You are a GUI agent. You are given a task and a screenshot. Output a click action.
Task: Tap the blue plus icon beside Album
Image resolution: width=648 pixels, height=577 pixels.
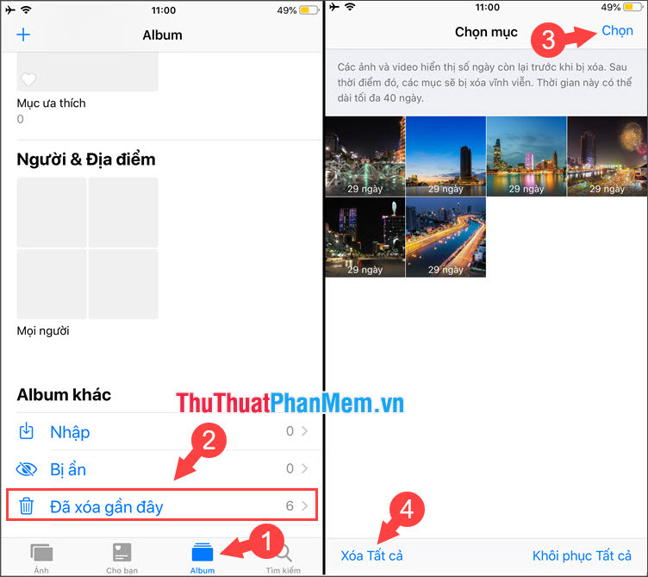[23, 35]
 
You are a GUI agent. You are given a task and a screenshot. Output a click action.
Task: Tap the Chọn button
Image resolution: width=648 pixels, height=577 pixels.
[617, 31]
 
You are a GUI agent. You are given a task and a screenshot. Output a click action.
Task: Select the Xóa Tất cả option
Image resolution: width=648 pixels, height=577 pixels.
[371, 555]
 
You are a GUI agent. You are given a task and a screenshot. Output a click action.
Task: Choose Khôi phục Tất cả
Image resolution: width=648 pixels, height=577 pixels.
[583, 555]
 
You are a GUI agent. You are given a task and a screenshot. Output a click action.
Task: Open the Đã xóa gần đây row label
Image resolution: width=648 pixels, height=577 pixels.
[106, 506]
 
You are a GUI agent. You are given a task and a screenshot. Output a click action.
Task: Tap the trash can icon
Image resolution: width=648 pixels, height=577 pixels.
[28, 506]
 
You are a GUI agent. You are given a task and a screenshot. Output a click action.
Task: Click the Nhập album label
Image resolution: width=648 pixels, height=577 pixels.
[70, 432]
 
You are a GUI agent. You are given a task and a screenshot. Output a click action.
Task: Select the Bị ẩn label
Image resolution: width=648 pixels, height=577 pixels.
[68, 469]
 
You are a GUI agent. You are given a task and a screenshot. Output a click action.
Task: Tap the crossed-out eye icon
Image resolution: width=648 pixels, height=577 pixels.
[28, 469]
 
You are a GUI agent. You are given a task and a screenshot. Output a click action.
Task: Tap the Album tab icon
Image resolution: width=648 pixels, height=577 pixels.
[202, 552]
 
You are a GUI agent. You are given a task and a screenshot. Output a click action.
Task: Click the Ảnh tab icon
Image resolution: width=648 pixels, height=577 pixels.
[41, 552]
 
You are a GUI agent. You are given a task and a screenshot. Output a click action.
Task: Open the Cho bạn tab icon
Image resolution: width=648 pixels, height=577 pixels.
[121, 552]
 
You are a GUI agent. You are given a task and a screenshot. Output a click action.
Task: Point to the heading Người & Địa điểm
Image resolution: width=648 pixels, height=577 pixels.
[86, 160]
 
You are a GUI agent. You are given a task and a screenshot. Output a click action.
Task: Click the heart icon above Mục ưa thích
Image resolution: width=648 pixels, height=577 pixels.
[28, 80]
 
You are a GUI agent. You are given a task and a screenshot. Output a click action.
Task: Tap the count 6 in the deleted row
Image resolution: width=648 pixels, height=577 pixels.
[290, 506]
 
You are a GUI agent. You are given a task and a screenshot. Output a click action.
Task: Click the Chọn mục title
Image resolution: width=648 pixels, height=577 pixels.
[486, 33]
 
